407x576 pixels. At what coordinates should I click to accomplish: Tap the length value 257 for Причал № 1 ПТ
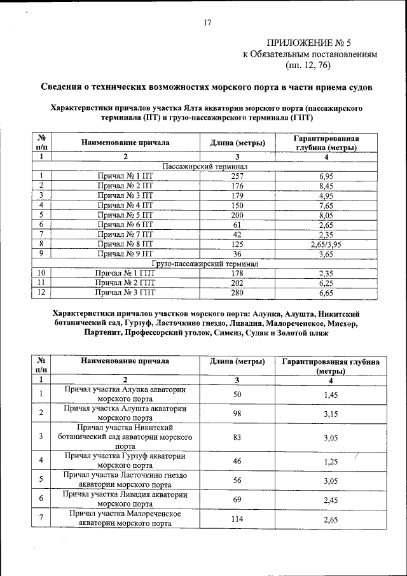tap(237, 176)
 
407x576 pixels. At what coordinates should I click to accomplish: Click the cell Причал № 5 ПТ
tap(125, 215)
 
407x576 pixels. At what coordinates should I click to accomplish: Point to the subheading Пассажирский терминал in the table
tap(205, 166)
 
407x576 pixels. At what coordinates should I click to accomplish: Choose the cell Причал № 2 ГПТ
tap(125, 283)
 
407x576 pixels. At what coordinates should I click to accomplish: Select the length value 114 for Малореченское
tap(237, 519)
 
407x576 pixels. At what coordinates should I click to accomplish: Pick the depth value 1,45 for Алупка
tap(329, 395)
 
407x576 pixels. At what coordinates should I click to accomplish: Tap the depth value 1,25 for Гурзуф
tap(329, 460)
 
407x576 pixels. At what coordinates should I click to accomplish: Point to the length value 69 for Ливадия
tap(237, 499)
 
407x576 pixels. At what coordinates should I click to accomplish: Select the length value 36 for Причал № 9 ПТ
tap(237, 254)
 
